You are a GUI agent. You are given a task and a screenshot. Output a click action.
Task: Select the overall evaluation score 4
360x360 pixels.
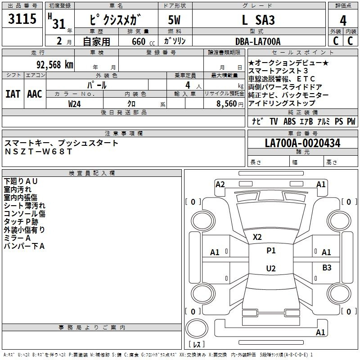click(343, 21)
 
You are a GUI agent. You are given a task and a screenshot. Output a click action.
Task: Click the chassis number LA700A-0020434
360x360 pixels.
click(302, 143)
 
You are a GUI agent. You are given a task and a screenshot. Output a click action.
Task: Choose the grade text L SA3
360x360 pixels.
click(258, 21)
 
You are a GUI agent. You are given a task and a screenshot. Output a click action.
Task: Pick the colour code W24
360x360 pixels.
click(75, 103)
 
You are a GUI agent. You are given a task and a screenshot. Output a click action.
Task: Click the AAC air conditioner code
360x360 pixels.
click(35, 94)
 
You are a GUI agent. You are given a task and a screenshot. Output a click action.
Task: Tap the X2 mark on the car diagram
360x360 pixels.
click(257, 237)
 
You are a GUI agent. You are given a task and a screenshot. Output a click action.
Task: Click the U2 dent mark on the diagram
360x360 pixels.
click(271, 269)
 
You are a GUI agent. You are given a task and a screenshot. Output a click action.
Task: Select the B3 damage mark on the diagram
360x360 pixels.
click(327, 268)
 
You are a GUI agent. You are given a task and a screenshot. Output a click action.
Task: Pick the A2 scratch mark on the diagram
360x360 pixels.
click(220, 184)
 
